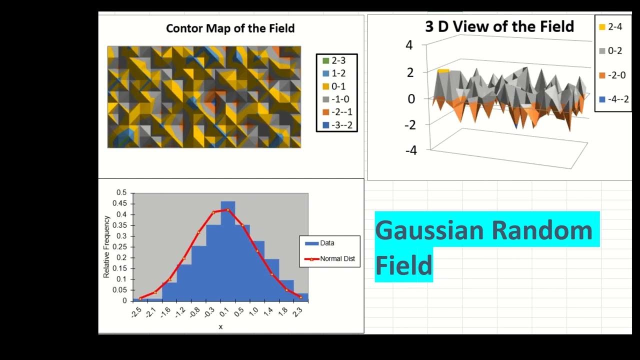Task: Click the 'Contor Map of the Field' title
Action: point(230,28)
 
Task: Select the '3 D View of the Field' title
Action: point(499,26)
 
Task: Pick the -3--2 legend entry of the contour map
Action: point(337,125)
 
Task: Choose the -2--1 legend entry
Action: point(337,112)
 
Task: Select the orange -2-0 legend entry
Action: point(610,75)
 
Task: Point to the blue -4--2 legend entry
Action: point(610,99)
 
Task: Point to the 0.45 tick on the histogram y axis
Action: point(120,203)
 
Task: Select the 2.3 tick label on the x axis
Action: point(297,314)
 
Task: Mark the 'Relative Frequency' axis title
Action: point(106,246)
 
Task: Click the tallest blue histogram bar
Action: point(227,250)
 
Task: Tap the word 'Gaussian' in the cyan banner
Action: point(429,230)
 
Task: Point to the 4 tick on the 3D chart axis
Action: point(409,45)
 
